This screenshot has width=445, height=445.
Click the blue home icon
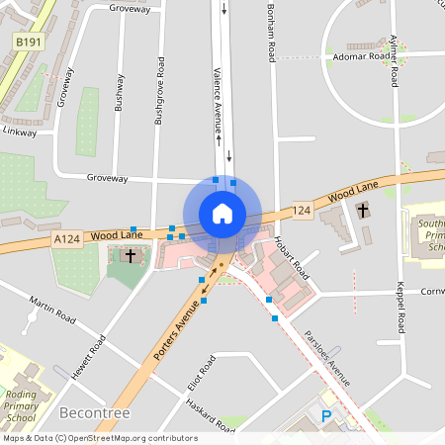tap(222, 214)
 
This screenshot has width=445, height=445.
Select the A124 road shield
tap(67, 238)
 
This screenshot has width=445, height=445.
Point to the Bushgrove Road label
tap(158, 90)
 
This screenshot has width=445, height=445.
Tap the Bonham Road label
tap(270, 31)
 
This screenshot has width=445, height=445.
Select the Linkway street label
tap(19, 131)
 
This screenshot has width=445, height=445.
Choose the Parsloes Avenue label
tap(327, 357)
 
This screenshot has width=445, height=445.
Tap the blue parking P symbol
tap(326, 417)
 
